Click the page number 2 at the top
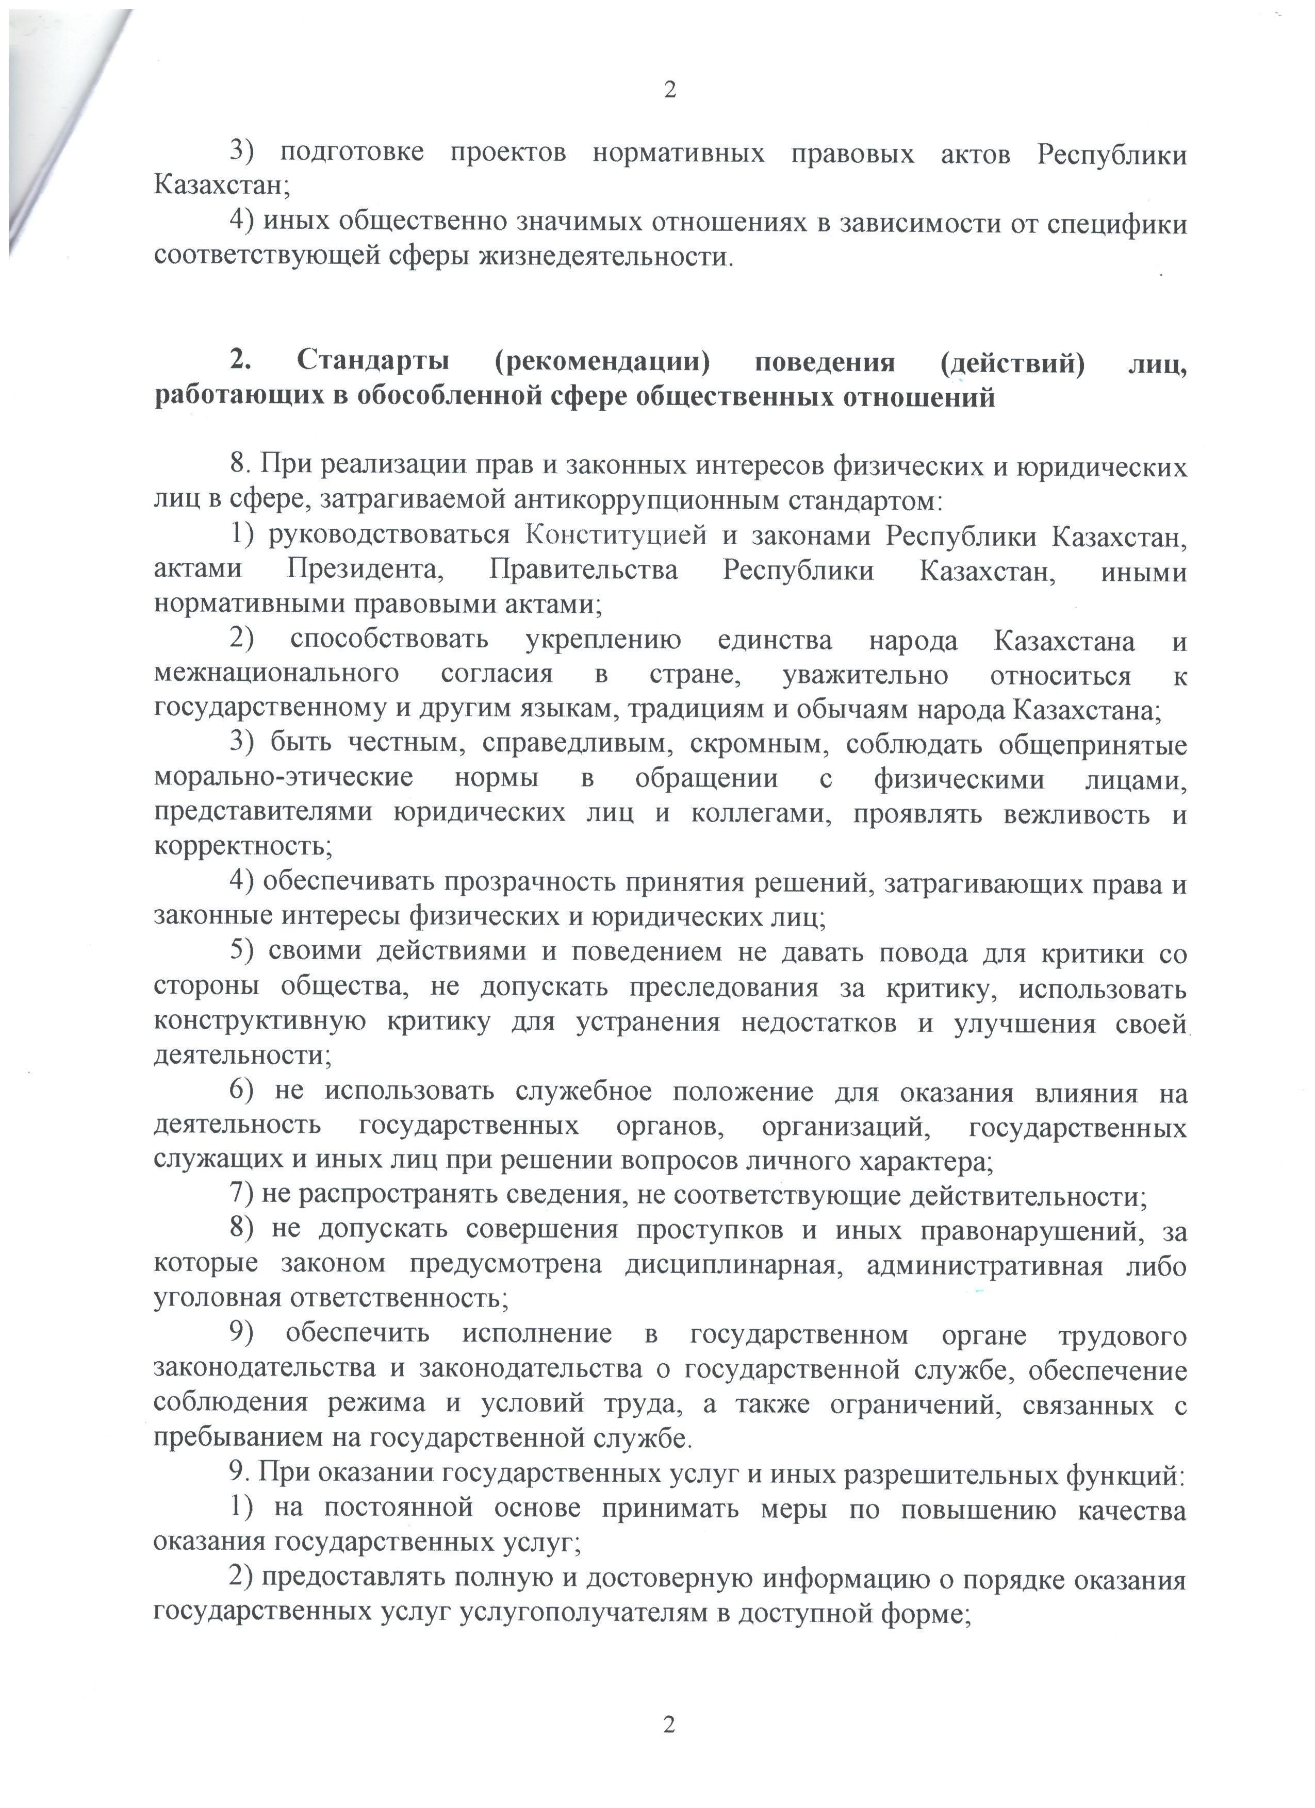669,90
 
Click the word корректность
242,847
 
